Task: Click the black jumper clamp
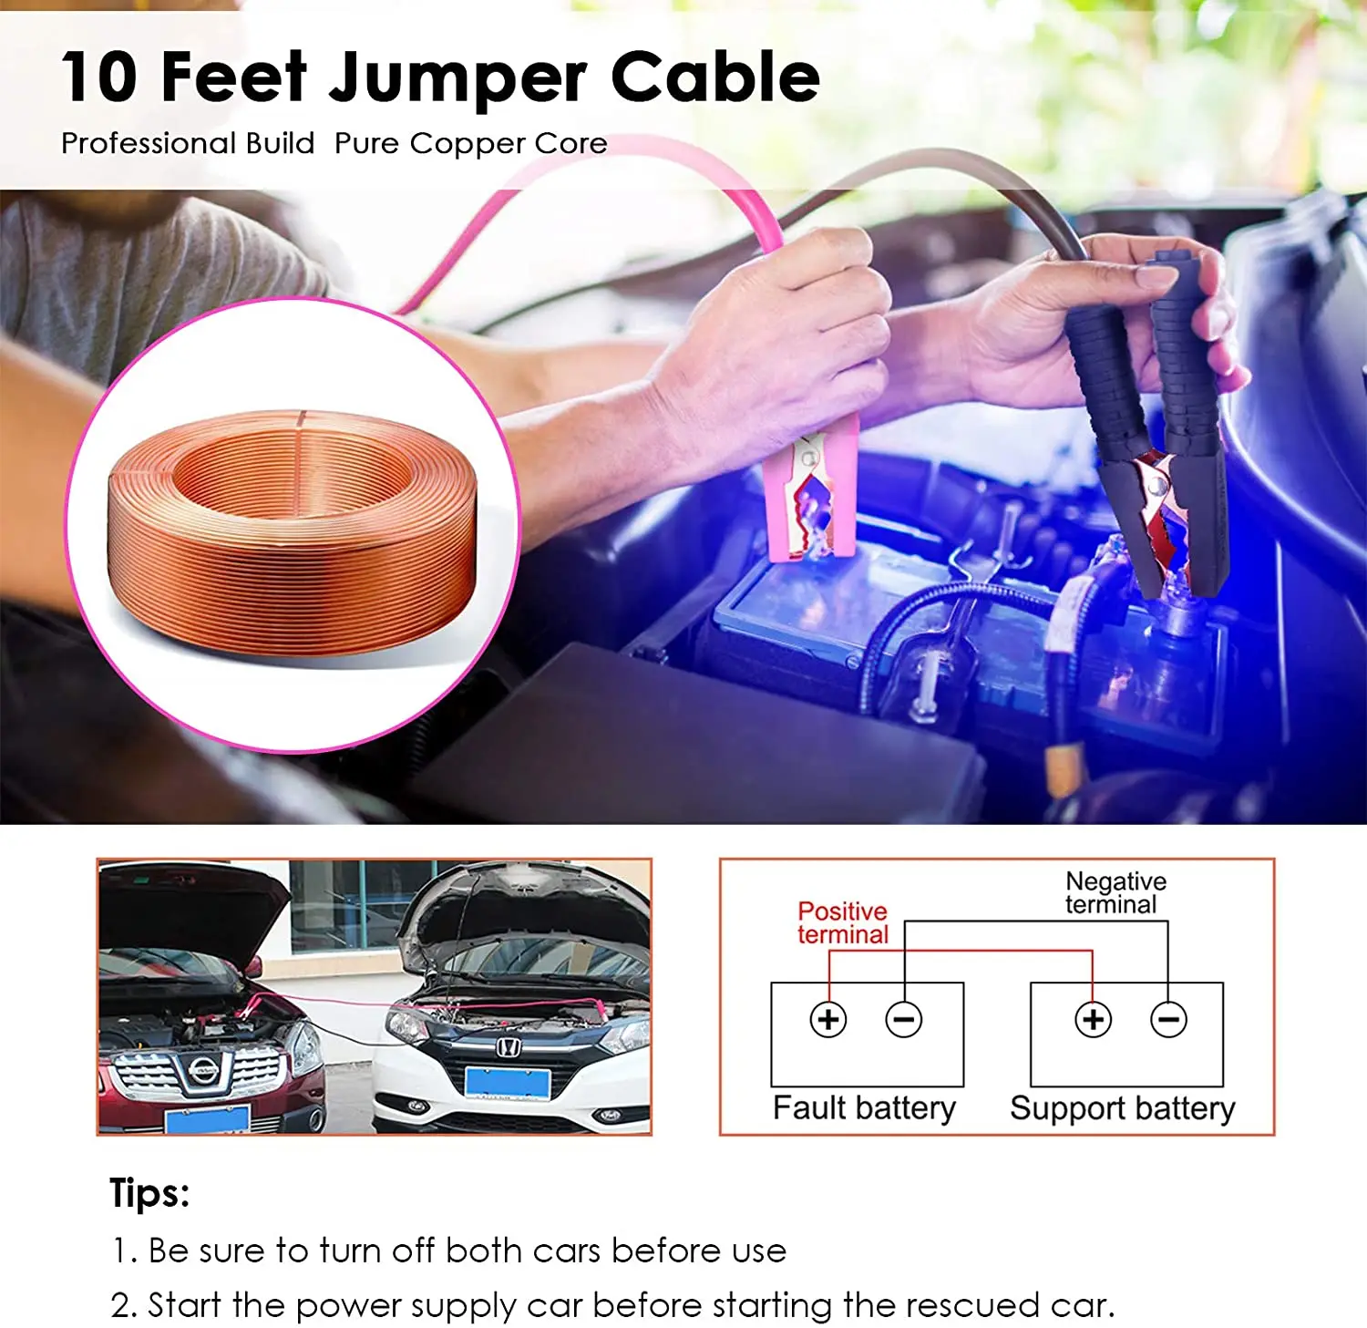pyautogui.click(x=1157, y=438)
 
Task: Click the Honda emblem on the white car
pyautogui.click(x=508, y=1047)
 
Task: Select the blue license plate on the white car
pyautogui.click(x=508, y=1083)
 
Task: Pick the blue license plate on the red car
pyautogui.click(x=207, y=1119)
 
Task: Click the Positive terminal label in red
pyautogui.click(x=842, y=922)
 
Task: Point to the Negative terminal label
pyautogui.click(x=1115, y=892)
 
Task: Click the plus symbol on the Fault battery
pyautogui.click(x=828, y=1018)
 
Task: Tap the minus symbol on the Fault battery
pyautogui.click(x=904, y=1018)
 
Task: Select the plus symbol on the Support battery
pyautogui.click(x=1093, y=1018)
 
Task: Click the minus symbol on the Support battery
pyautogui.click(x=1168, y=1018)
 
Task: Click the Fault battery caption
pyautogui.click(x=864, y=1107)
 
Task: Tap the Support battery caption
pyautogui.click(x=1122, y=1108)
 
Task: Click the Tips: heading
pyautogui.click(x=149, y=1192)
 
